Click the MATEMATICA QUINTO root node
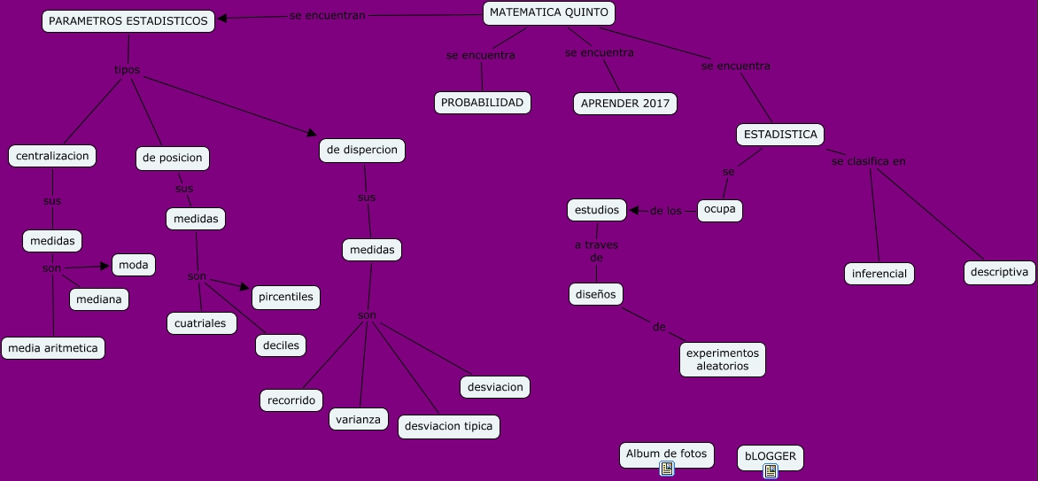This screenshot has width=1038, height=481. [549, 13]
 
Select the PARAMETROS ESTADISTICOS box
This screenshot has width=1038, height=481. [128, 21]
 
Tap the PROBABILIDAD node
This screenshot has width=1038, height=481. [483, 103]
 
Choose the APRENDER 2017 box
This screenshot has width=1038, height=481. [624, 104]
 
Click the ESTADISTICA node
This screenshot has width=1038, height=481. [780, 135]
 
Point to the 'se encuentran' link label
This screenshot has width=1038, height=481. [328, 16]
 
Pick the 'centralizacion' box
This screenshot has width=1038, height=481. [52, 156]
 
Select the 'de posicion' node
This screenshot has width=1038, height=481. [172, 159]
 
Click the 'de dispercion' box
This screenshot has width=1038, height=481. [361, 151]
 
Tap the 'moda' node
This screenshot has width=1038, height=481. [134, 265]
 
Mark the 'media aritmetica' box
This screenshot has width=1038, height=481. [53, 348]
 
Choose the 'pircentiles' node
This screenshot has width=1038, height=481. [286, 297]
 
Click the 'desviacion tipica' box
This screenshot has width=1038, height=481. [448, 427]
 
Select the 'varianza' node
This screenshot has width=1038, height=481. [359, 419]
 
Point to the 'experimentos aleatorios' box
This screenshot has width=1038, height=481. [723, 359]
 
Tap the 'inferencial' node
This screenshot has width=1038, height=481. [879, 274]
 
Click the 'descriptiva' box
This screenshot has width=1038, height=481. [999, 272]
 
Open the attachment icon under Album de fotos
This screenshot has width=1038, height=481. [667, 469]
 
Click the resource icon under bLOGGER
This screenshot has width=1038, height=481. [771, 471]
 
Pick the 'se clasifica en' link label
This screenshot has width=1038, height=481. [868, 161]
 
